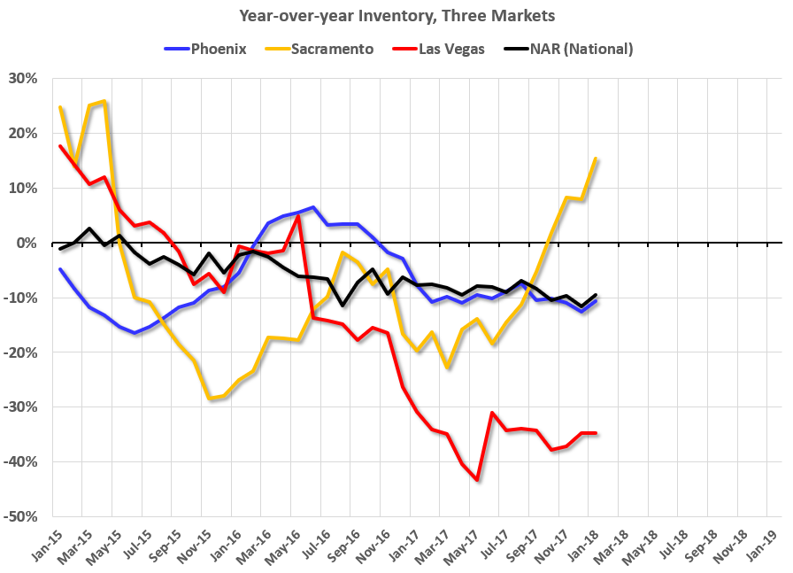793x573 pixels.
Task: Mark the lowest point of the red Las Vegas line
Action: (x=477, y=480)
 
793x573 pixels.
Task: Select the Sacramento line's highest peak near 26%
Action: (x=105, y=101)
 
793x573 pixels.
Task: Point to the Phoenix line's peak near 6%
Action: (x=313, y=207)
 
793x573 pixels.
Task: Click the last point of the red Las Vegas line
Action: (x=596, y=433)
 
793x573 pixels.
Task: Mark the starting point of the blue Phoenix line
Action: (x=60, y=269)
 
